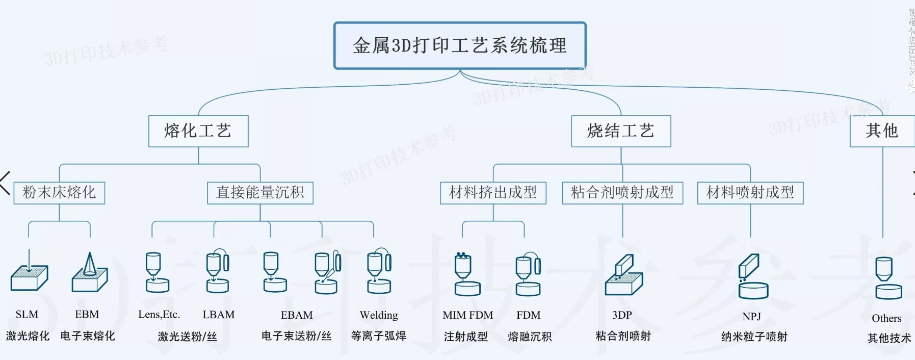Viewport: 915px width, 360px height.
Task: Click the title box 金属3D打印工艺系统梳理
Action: coord(460,45)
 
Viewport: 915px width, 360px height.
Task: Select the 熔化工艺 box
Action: coord(198,131)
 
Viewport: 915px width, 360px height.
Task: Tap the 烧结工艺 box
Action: coord(621,131)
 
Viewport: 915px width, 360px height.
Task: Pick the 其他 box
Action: coord(882,131)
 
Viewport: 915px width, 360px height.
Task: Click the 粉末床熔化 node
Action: coord(59,193)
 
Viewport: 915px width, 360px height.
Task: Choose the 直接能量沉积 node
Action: coord(260,193)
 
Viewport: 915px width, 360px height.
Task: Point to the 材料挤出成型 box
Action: coord(493,193)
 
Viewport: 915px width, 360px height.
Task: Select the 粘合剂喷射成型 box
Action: coord(622,193)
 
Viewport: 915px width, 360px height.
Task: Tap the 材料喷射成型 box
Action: coord(750,193)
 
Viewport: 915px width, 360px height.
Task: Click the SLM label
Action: coord(27,315)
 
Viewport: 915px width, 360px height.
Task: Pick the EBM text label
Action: coord(87,315)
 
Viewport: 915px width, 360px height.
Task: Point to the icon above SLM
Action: coord(29,273)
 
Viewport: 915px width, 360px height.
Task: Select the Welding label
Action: coord(379,315)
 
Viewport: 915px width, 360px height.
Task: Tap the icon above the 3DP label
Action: coord(623,275)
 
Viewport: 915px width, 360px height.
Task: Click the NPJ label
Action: coord(752,317)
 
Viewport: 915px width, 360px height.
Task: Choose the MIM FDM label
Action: coord(468,315)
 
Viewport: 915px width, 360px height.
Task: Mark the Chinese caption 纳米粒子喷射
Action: coord(754,337)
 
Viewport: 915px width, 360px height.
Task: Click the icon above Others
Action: coord(888,278)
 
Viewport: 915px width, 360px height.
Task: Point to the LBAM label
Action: coord(219,315)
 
